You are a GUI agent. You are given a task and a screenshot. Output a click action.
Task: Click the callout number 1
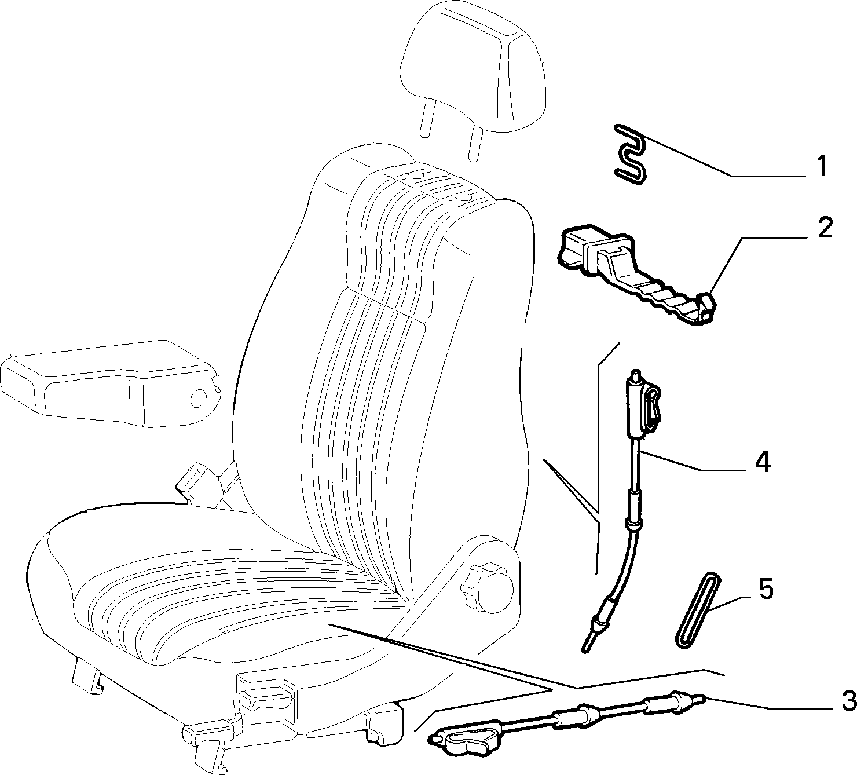click(x=822, y=166)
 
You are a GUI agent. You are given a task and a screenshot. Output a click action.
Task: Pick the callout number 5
click(x=766, y=589)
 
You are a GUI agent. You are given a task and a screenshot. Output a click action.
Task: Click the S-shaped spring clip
click(x=631, y=154)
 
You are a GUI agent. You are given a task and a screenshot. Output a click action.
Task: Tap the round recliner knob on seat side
click(x=488, y=585)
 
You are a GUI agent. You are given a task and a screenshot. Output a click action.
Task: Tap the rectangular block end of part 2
click(x=574, y=247)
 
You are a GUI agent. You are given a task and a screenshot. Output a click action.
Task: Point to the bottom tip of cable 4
click(x=584, y=650)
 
